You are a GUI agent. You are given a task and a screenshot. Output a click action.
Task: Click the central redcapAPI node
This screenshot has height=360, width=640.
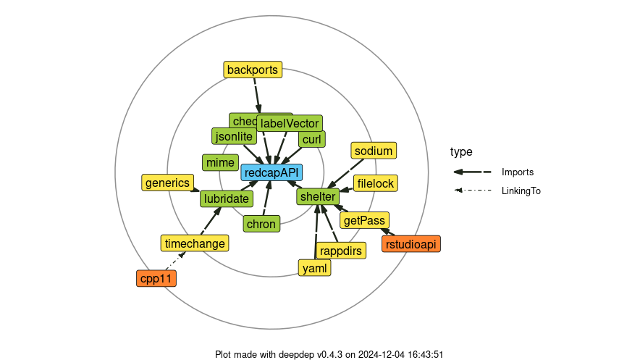271,172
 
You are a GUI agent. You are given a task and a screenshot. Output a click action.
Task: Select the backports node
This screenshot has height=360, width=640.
252,70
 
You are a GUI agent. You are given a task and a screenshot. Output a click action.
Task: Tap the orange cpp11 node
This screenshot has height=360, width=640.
156,278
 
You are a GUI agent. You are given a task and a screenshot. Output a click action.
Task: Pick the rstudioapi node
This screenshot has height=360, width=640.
411,244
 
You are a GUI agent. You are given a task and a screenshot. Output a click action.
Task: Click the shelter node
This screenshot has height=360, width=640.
317,196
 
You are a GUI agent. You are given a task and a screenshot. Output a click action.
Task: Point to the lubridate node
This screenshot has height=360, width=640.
227,198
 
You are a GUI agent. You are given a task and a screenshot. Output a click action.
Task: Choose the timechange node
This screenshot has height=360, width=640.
195,243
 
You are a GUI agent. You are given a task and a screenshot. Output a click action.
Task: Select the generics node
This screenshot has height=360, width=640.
167,183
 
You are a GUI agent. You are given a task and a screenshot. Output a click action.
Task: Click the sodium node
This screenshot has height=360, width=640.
374,151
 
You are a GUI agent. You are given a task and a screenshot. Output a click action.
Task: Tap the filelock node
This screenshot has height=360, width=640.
375,183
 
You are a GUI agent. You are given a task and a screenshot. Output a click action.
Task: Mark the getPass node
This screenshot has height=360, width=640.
365,220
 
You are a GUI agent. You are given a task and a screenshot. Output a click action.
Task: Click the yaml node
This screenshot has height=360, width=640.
315,268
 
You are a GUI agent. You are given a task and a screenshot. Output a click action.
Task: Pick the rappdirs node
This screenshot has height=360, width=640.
340,251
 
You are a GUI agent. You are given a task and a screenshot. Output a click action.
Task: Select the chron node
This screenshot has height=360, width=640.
261,224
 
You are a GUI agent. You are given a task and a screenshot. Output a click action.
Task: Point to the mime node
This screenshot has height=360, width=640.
220,163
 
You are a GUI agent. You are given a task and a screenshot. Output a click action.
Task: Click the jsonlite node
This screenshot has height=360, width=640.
234,136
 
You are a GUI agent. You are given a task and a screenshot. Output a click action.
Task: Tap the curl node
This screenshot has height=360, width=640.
311,139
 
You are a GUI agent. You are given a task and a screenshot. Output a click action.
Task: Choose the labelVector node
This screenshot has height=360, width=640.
290,123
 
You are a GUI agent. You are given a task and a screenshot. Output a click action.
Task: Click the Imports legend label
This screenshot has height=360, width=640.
518,172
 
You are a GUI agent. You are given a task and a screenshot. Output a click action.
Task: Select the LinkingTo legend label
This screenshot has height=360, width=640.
521,191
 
